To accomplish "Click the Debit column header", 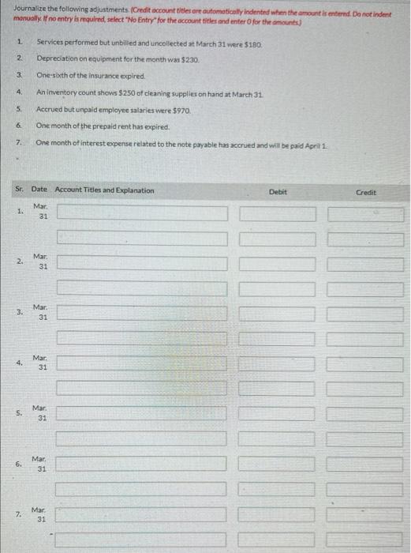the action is [x=278, y=191].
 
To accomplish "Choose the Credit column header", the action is [x=366, y=191].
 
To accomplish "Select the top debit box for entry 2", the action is [x=278, y=264].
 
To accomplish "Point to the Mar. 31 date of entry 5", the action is [x=42, y=413].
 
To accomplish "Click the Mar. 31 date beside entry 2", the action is [x=42, y=261].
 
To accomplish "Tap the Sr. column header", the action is [x=18, y=190].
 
